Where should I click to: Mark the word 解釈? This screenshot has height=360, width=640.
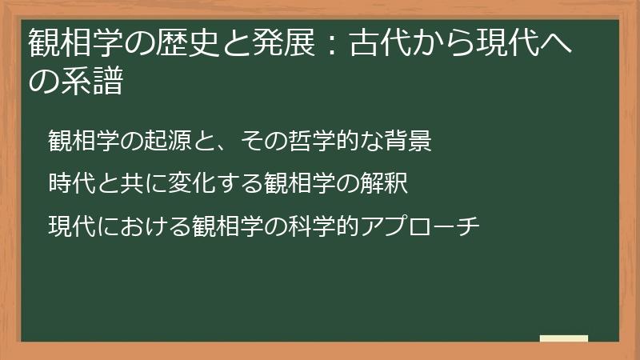click(x=387, y=183)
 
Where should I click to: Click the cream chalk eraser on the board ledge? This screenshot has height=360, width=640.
click(x=564, y=339)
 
